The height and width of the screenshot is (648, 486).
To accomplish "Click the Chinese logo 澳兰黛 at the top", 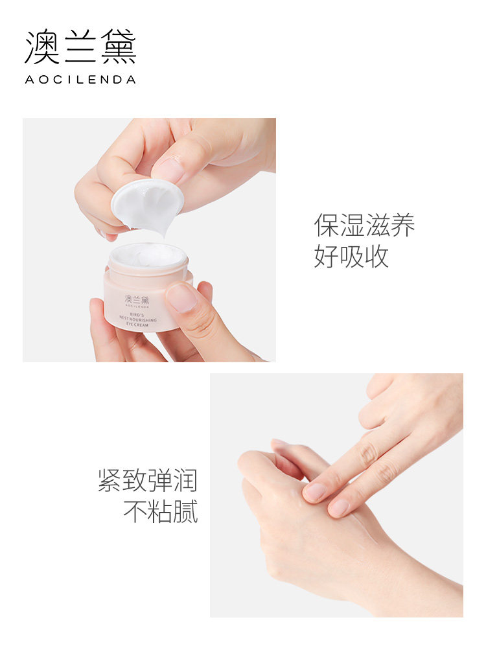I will click(x=80, y=47).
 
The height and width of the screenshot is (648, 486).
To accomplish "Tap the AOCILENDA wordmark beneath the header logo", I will click(x=80, y=80).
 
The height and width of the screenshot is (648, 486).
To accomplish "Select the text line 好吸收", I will click(x=352, y=257).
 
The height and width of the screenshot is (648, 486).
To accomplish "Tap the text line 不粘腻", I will click(x=160, y=511).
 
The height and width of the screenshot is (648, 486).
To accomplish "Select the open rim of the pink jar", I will click(x=148, y=256).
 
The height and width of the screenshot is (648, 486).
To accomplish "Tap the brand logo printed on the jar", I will click(x=137, y=302).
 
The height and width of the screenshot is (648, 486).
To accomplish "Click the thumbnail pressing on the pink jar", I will click(x=181, y=298).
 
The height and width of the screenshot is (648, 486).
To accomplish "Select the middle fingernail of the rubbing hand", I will click(x=339, y=507).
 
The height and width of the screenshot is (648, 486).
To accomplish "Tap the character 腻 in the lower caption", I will click(x=185, y=511).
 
